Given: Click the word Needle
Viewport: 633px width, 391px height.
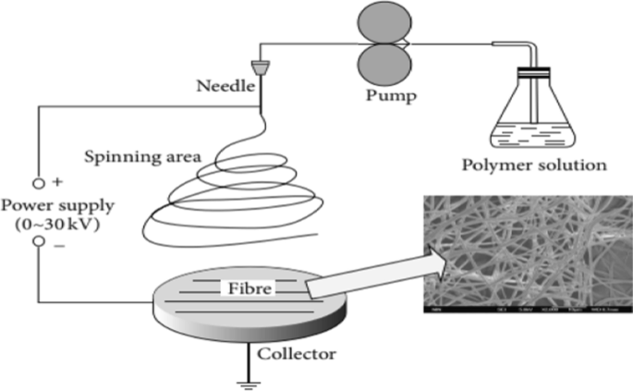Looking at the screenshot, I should tap(222, 88).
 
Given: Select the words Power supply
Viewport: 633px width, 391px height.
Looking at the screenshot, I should tap(41, 205).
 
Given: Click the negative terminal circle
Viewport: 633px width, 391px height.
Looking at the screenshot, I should tap(39, 242).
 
